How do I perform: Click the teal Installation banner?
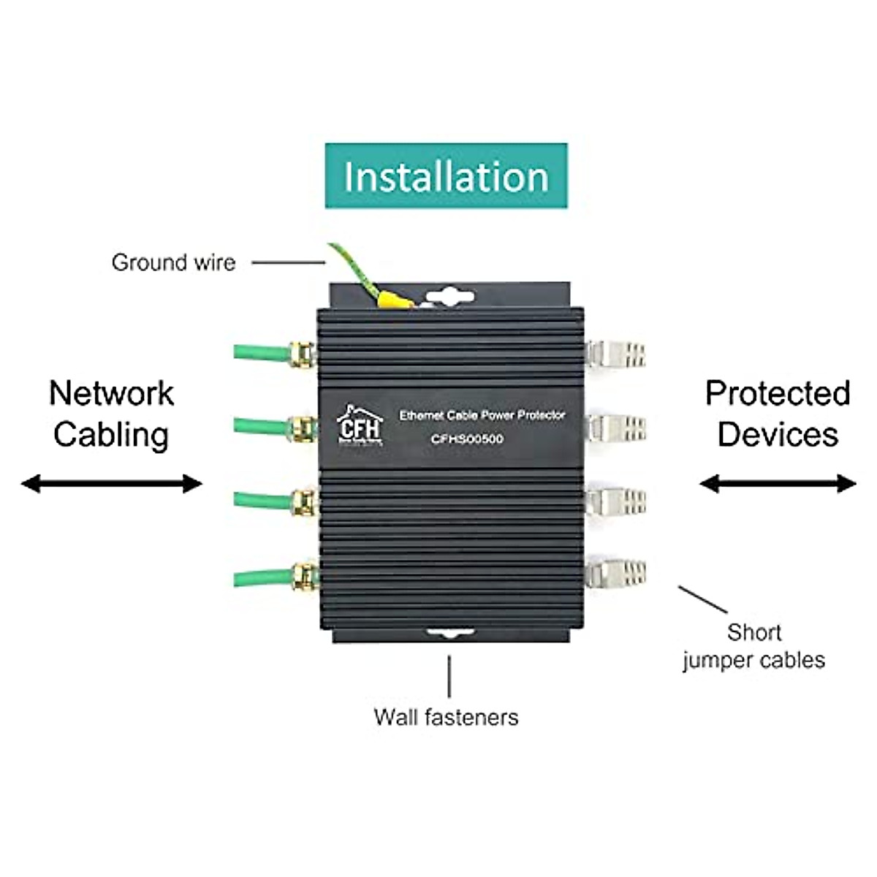tap(446, 176)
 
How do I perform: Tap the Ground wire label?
tap(173, 262)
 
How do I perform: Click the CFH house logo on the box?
tap(359, 425)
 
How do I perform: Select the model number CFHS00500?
tap(467, 439)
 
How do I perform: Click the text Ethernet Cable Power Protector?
tap(482, 415)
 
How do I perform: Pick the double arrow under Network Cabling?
tap(111, 483)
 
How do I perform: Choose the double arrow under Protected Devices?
tap(778, 483)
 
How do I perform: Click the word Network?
tap(111, 393)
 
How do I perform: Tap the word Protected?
tap(778, 393)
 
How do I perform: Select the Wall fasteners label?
tap(446, 717)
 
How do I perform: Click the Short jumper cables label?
tap(753, 646)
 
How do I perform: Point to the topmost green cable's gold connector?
tap(302, 354)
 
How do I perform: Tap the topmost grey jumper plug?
tap(616, 354)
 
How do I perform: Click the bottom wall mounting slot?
tap(449, 634)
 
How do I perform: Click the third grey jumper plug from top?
tap(616, 501)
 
